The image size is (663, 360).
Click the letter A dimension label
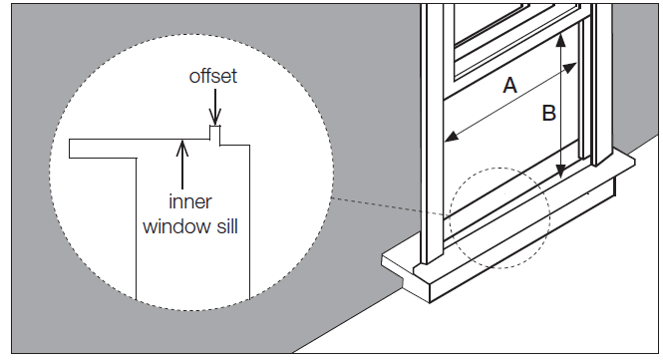509,87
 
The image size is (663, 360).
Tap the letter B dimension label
547,114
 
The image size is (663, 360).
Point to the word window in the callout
172,225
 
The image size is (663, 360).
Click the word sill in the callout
224,225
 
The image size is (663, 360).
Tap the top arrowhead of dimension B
562,37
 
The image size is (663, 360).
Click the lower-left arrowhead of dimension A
452,137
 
